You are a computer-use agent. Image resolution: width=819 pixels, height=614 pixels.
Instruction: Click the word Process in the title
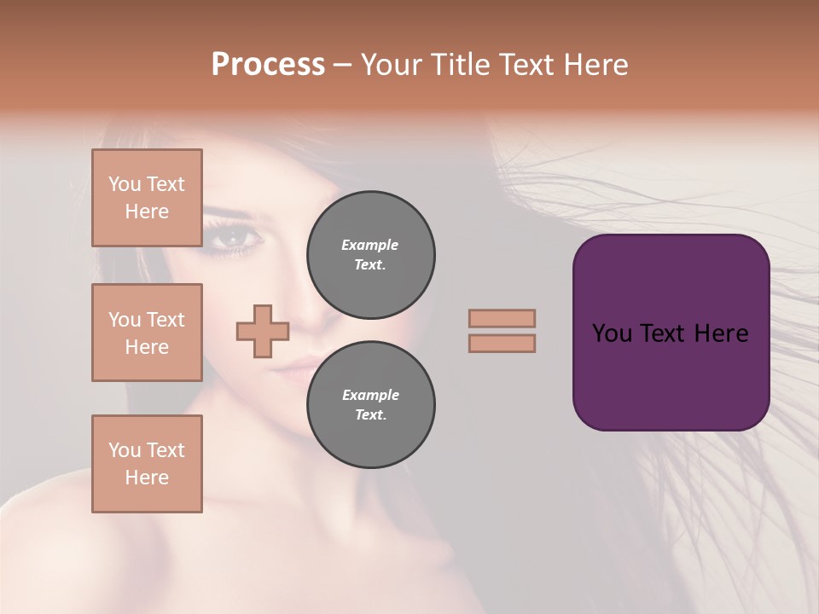click(x=268, y=65)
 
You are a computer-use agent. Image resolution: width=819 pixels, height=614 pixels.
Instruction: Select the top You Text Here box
click(x=147, y=198)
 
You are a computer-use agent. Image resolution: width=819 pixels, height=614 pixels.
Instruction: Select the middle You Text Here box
click(x=147, y=333)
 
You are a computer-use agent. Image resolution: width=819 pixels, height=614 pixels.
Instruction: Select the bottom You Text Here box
click(x=147, y=464)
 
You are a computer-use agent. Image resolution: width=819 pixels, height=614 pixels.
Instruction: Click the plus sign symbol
click(x=263, y=331)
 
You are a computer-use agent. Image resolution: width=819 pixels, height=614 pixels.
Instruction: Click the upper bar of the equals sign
click(x=502, y=318)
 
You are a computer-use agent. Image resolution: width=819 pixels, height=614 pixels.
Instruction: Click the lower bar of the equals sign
click(x=502, y=343)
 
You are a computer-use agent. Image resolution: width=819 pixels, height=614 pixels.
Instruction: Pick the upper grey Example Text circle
click(x=370, y=254)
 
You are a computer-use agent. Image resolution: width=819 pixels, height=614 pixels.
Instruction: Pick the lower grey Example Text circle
click(x=370, y=404)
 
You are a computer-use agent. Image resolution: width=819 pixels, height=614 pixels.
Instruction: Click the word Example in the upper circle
click(x=370, y=245)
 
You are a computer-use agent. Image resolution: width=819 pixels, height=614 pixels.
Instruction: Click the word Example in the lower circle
click(x=370, y=395)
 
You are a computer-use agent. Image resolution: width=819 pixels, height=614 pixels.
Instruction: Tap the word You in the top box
click(x=125, y=184)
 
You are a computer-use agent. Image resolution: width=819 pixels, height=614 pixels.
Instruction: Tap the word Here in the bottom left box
click(x=147, y=478)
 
